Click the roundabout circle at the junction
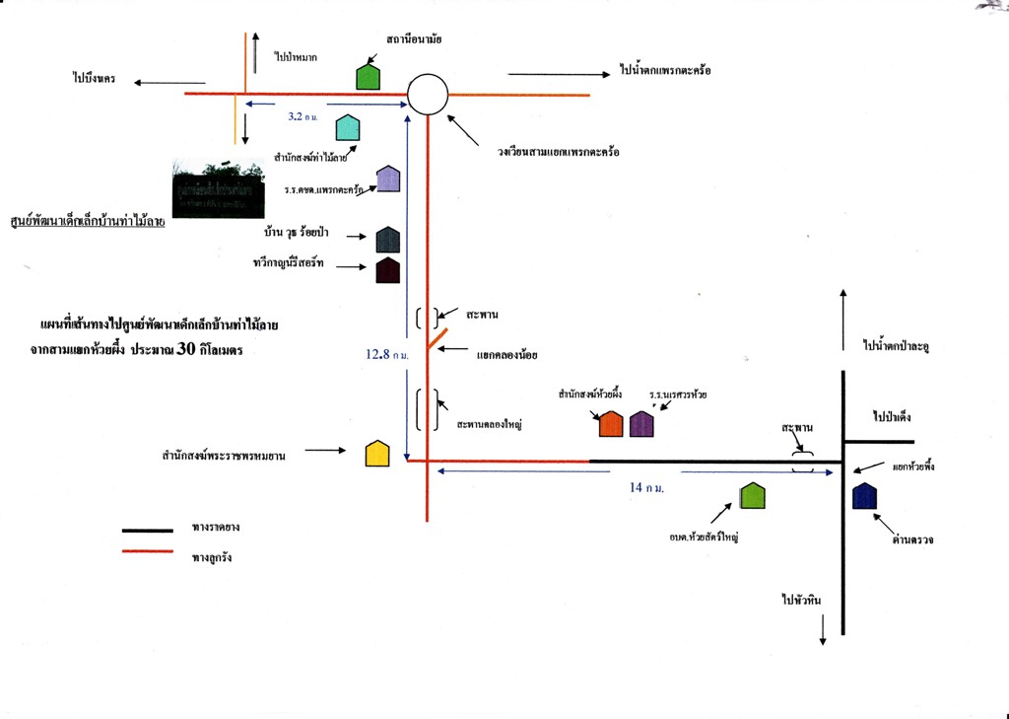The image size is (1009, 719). (x=428, y=95)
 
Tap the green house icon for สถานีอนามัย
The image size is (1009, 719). (x=368, y=76)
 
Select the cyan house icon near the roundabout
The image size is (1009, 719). (x=348, y=127)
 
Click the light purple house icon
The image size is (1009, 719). (x=388, y=179)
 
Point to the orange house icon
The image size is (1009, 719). (x=611, y=423)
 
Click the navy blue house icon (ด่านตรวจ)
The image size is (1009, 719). (x=864, y=496)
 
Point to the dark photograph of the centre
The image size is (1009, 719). (x=219, y=189)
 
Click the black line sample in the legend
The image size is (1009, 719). (x=147, y=530)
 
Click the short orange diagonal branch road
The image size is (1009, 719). (x=438, y=338)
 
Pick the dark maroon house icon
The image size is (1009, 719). (x=387, y=270)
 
